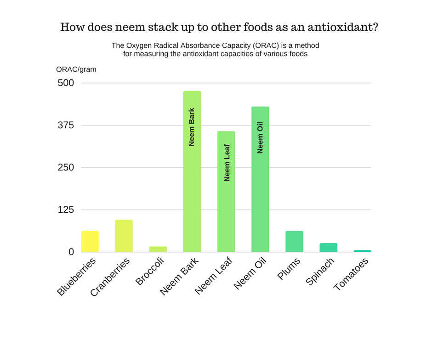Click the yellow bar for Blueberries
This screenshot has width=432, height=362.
pos(90,241)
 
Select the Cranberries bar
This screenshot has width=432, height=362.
pos(124,236)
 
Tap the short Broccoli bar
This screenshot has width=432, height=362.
pos(158,249)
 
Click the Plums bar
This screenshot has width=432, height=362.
pos(294,241)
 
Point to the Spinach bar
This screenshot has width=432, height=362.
pos(328,248)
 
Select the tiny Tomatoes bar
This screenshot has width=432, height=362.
pos(363,251)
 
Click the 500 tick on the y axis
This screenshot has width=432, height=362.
pos(65,83)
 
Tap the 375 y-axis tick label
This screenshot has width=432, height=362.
pos(65,125)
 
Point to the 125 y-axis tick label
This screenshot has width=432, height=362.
pos(65,210)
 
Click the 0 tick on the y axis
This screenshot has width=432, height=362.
pos(71,252)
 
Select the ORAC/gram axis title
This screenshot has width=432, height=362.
pos(76,69)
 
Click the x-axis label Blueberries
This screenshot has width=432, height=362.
pos(77,277)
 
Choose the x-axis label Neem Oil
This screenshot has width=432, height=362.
pos(250,274)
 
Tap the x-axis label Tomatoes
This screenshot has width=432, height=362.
pos(352,275)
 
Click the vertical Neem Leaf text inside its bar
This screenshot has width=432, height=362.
pos(227,163)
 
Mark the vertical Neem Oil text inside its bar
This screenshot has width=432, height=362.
pos(261,137)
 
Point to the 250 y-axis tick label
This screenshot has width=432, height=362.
pos(65,168)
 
